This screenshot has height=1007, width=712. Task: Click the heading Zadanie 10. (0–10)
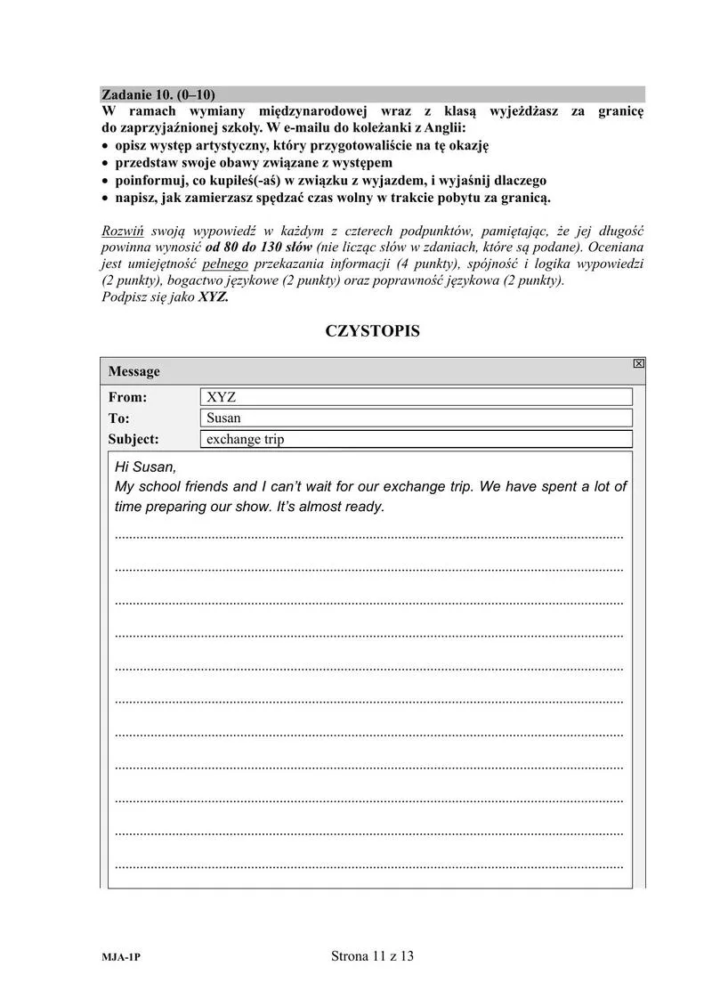click(x=158, y=94)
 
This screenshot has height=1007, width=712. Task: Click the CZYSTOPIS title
click(x=372, y=331)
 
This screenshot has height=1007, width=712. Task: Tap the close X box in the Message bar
click(x=638, y=363)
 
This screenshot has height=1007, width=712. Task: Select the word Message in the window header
click(x=134, y=371)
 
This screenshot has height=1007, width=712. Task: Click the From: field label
click(x=127, y=397)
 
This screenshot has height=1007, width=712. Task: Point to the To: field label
click(x=119, y=418)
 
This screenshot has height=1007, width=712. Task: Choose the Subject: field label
click(x=133, y=439)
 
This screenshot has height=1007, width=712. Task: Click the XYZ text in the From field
click(x=221, y=397)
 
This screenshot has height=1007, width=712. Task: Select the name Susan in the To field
click(x=223, y=418)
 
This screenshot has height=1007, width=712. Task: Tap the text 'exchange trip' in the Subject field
click(x=246, y=439)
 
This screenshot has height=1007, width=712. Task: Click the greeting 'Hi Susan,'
click(x=146, y=467)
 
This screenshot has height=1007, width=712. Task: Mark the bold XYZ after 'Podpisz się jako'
click(x=214, y=297)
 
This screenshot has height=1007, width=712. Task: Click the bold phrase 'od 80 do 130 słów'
click(x=258, y=248)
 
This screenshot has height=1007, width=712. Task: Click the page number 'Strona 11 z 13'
click(x=372, y=957)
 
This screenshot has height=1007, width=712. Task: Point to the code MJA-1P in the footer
click(x=121, y=959)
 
